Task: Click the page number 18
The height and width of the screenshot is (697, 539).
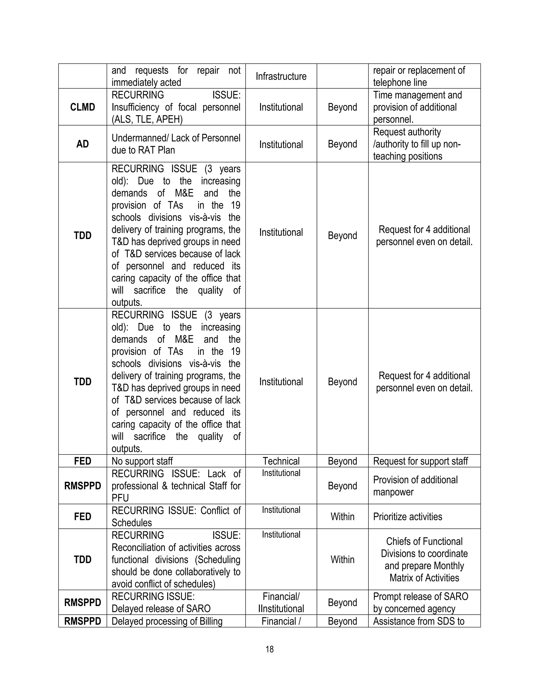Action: (x=269, y=649)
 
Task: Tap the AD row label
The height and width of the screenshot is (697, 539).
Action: (x=82, y=144)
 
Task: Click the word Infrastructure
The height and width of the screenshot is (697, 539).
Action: (x=281, y=76)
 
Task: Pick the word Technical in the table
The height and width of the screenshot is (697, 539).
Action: (x=281, y=461)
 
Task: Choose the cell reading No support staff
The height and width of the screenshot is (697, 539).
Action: (x=142, y=461)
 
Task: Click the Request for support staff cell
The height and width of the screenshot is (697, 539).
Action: (x=420, y=461)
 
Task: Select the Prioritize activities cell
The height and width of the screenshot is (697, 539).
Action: (x=407, y=516)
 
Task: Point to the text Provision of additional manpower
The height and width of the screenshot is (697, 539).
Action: (x=415, y=486)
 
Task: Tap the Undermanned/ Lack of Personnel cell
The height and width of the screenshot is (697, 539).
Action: (x=176, y=144)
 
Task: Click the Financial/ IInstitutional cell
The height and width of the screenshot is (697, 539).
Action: (x=281, y=602)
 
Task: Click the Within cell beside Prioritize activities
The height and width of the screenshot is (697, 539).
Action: (x=342, y=516)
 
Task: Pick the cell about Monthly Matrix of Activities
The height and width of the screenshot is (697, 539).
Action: (x=424, y=559)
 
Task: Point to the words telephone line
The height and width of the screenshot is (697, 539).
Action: (x=400, y=82)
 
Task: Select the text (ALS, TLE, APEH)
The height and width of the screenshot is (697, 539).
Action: (x=147, y=119)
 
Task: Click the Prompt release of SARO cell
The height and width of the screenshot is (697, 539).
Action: (x=420, y=602)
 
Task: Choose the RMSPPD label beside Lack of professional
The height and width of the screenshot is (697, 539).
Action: (x=82, y=486)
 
